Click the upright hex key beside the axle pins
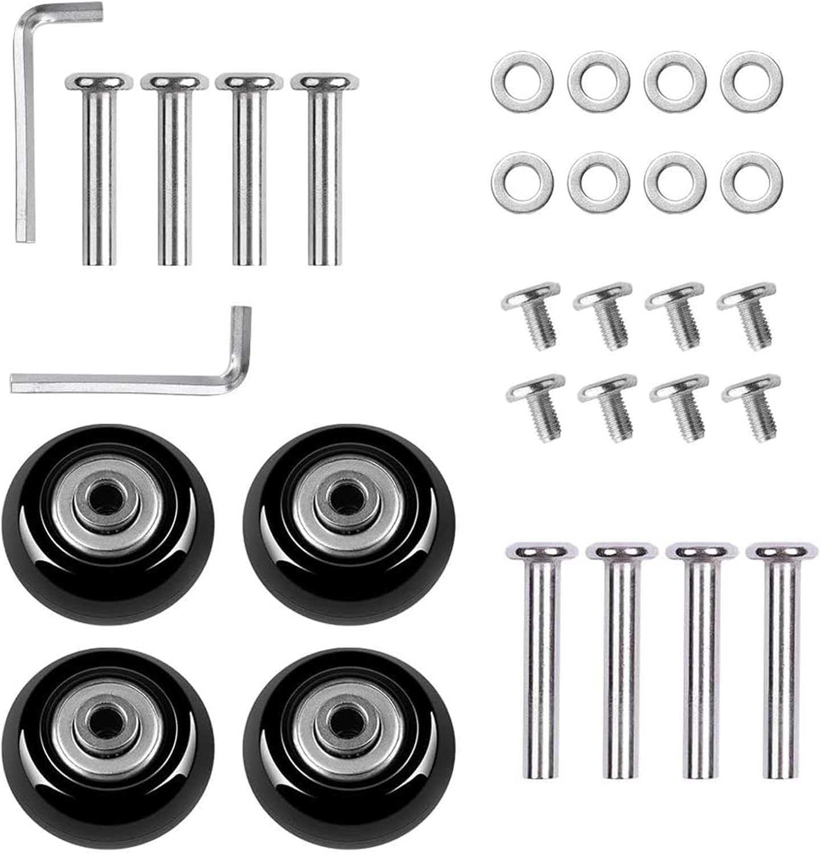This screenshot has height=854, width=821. click(24, 142)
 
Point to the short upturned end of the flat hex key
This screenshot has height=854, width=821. click(240, 336)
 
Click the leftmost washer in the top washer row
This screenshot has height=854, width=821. click(522, 82)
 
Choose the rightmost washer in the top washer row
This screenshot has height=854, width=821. click(751, 82)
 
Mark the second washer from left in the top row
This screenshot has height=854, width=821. click(598, 82)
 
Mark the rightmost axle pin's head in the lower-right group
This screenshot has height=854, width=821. click(779, 551)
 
